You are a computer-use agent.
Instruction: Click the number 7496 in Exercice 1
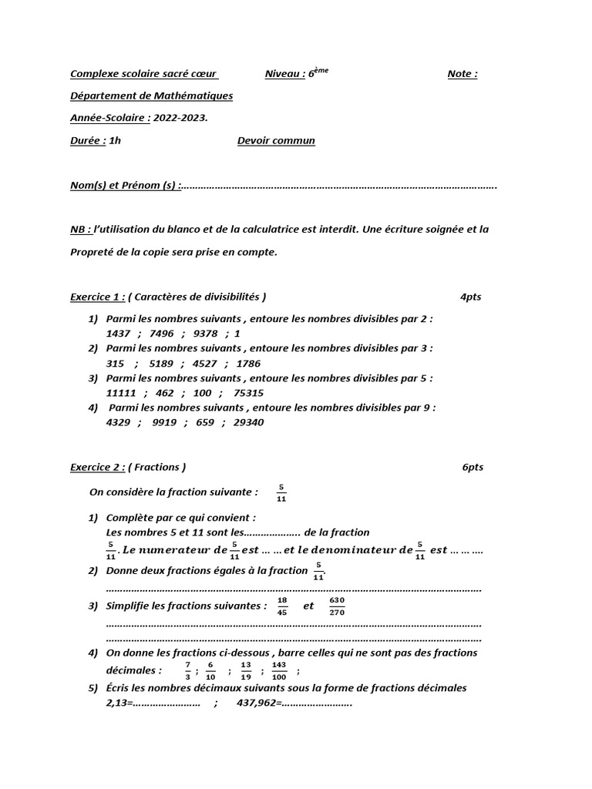click(x=163, y=333)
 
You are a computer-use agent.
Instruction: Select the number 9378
click(x=206, y=333)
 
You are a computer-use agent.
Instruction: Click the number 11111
click(x=122, y=392)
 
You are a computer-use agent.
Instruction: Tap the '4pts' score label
click(x=470, y=297)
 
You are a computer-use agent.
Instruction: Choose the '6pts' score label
click(x=473, y=467)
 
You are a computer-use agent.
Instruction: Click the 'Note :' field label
click(x=462, y=74)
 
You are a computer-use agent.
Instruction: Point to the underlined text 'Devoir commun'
click(x=276, y=140)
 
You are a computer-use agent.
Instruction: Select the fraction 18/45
click(x=282, y=606)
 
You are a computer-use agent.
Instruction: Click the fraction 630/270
click(x=337, y=606)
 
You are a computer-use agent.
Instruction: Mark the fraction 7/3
click(x=187, y=670)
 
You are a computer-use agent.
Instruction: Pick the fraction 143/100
click(x=279, y=670)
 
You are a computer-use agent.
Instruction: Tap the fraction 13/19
click(x=246, y=670)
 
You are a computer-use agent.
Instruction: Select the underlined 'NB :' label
click(x=81, y=229)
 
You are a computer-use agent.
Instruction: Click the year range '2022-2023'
click(x=179, y=118)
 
